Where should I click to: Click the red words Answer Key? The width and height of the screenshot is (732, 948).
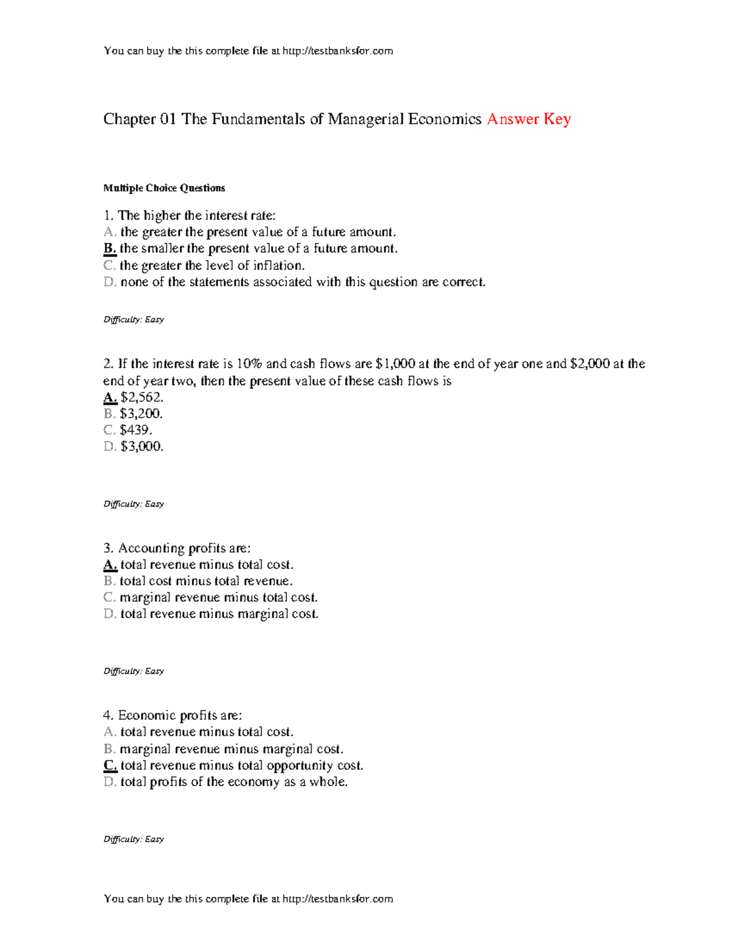coord(528,119)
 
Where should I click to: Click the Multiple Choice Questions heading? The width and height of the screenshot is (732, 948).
coord(164,188)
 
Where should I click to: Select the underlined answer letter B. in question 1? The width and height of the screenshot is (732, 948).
coord(110,248)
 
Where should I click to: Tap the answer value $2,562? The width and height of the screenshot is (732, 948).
coord(142,397)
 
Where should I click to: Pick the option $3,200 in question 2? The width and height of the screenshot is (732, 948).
coord(141,414)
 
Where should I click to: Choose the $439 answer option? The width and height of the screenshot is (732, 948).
coord(136,430)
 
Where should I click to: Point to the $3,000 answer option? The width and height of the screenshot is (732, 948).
coord(142,447)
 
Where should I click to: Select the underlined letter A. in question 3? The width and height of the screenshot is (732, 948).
coord(110,565)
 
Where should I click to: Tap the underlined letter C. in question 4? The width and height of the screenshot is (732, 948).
coord(110,765)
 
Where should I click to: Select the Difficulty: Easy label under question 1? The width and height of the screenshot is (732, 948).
coord(134,320)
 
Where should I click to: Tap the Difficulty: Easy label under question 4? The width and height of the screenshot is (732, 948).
coord(134,839)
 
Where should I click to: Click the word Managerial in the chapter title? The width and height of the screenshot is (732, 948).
coord(366,119)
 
